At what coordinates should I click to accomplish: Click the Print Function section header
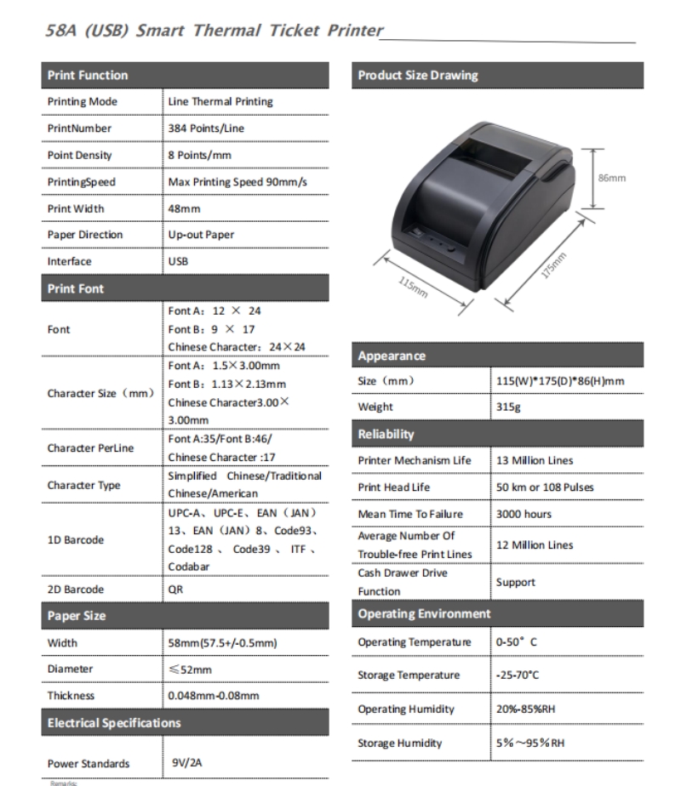88,75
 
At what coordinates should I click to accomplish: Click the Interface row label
69,262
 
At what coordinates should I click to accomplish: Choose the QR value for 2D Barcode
175,589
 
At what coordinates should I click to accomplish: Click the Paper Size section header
77,616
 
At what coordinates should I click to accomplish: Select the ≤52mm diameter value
189,669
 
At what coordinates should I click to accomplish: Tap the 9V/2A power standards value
185,763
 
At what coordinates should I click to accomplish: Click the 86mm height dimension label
611,178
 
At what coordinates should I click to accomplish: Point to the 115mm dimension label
414,286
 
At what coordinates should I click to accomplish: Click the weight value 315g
509,407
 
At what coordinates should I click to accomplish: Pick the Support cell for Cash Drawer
516,583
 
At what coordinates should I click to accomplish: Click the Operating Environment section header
425,613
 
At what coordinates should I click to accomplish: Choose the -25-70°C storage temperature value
518,675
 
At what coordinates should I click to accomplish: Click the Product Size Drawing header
418,75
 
